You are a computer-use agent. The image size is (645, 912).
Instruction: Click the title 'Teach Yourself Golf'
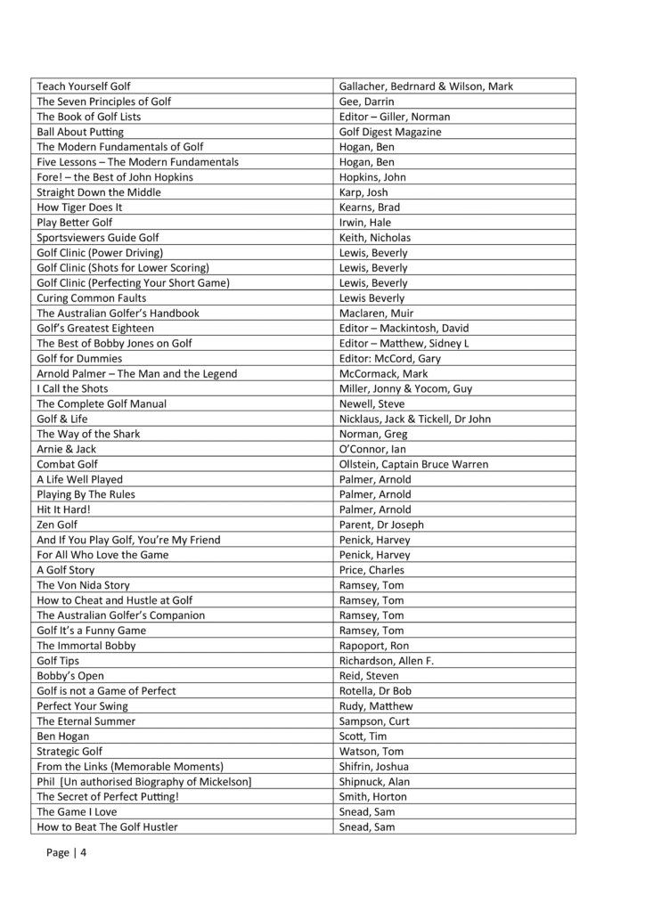click(x=83, y=86)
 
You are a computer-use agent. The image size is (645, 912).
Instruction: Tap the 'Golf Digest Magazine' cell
click(x=390, y=132)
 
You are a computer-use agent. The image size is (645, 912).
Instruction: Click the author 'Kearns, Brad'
click(x=370, y=208)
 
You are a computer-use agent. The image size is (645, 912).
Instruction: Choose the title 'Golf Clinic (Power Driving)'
click(x=100, y=253)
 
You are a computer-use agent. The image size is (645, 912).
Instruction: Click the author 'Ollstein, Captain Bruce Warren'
click(x=413, y=464)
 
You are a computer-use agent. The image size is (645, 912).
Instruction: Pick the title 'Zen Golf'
click(x=57, y=525)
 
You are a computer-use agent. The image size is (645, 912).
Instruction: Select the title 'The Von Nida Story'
click(x=83, y=585)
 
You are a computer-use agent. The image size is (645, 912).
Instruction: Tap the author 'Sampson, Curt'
click(x=375, y=721)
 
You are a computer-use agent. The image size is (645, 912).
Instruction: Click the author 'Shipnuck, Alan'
click(x=375, y=782)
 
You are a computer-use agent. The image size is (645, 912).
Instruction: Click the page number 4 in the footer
click(x=84, y=853)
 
